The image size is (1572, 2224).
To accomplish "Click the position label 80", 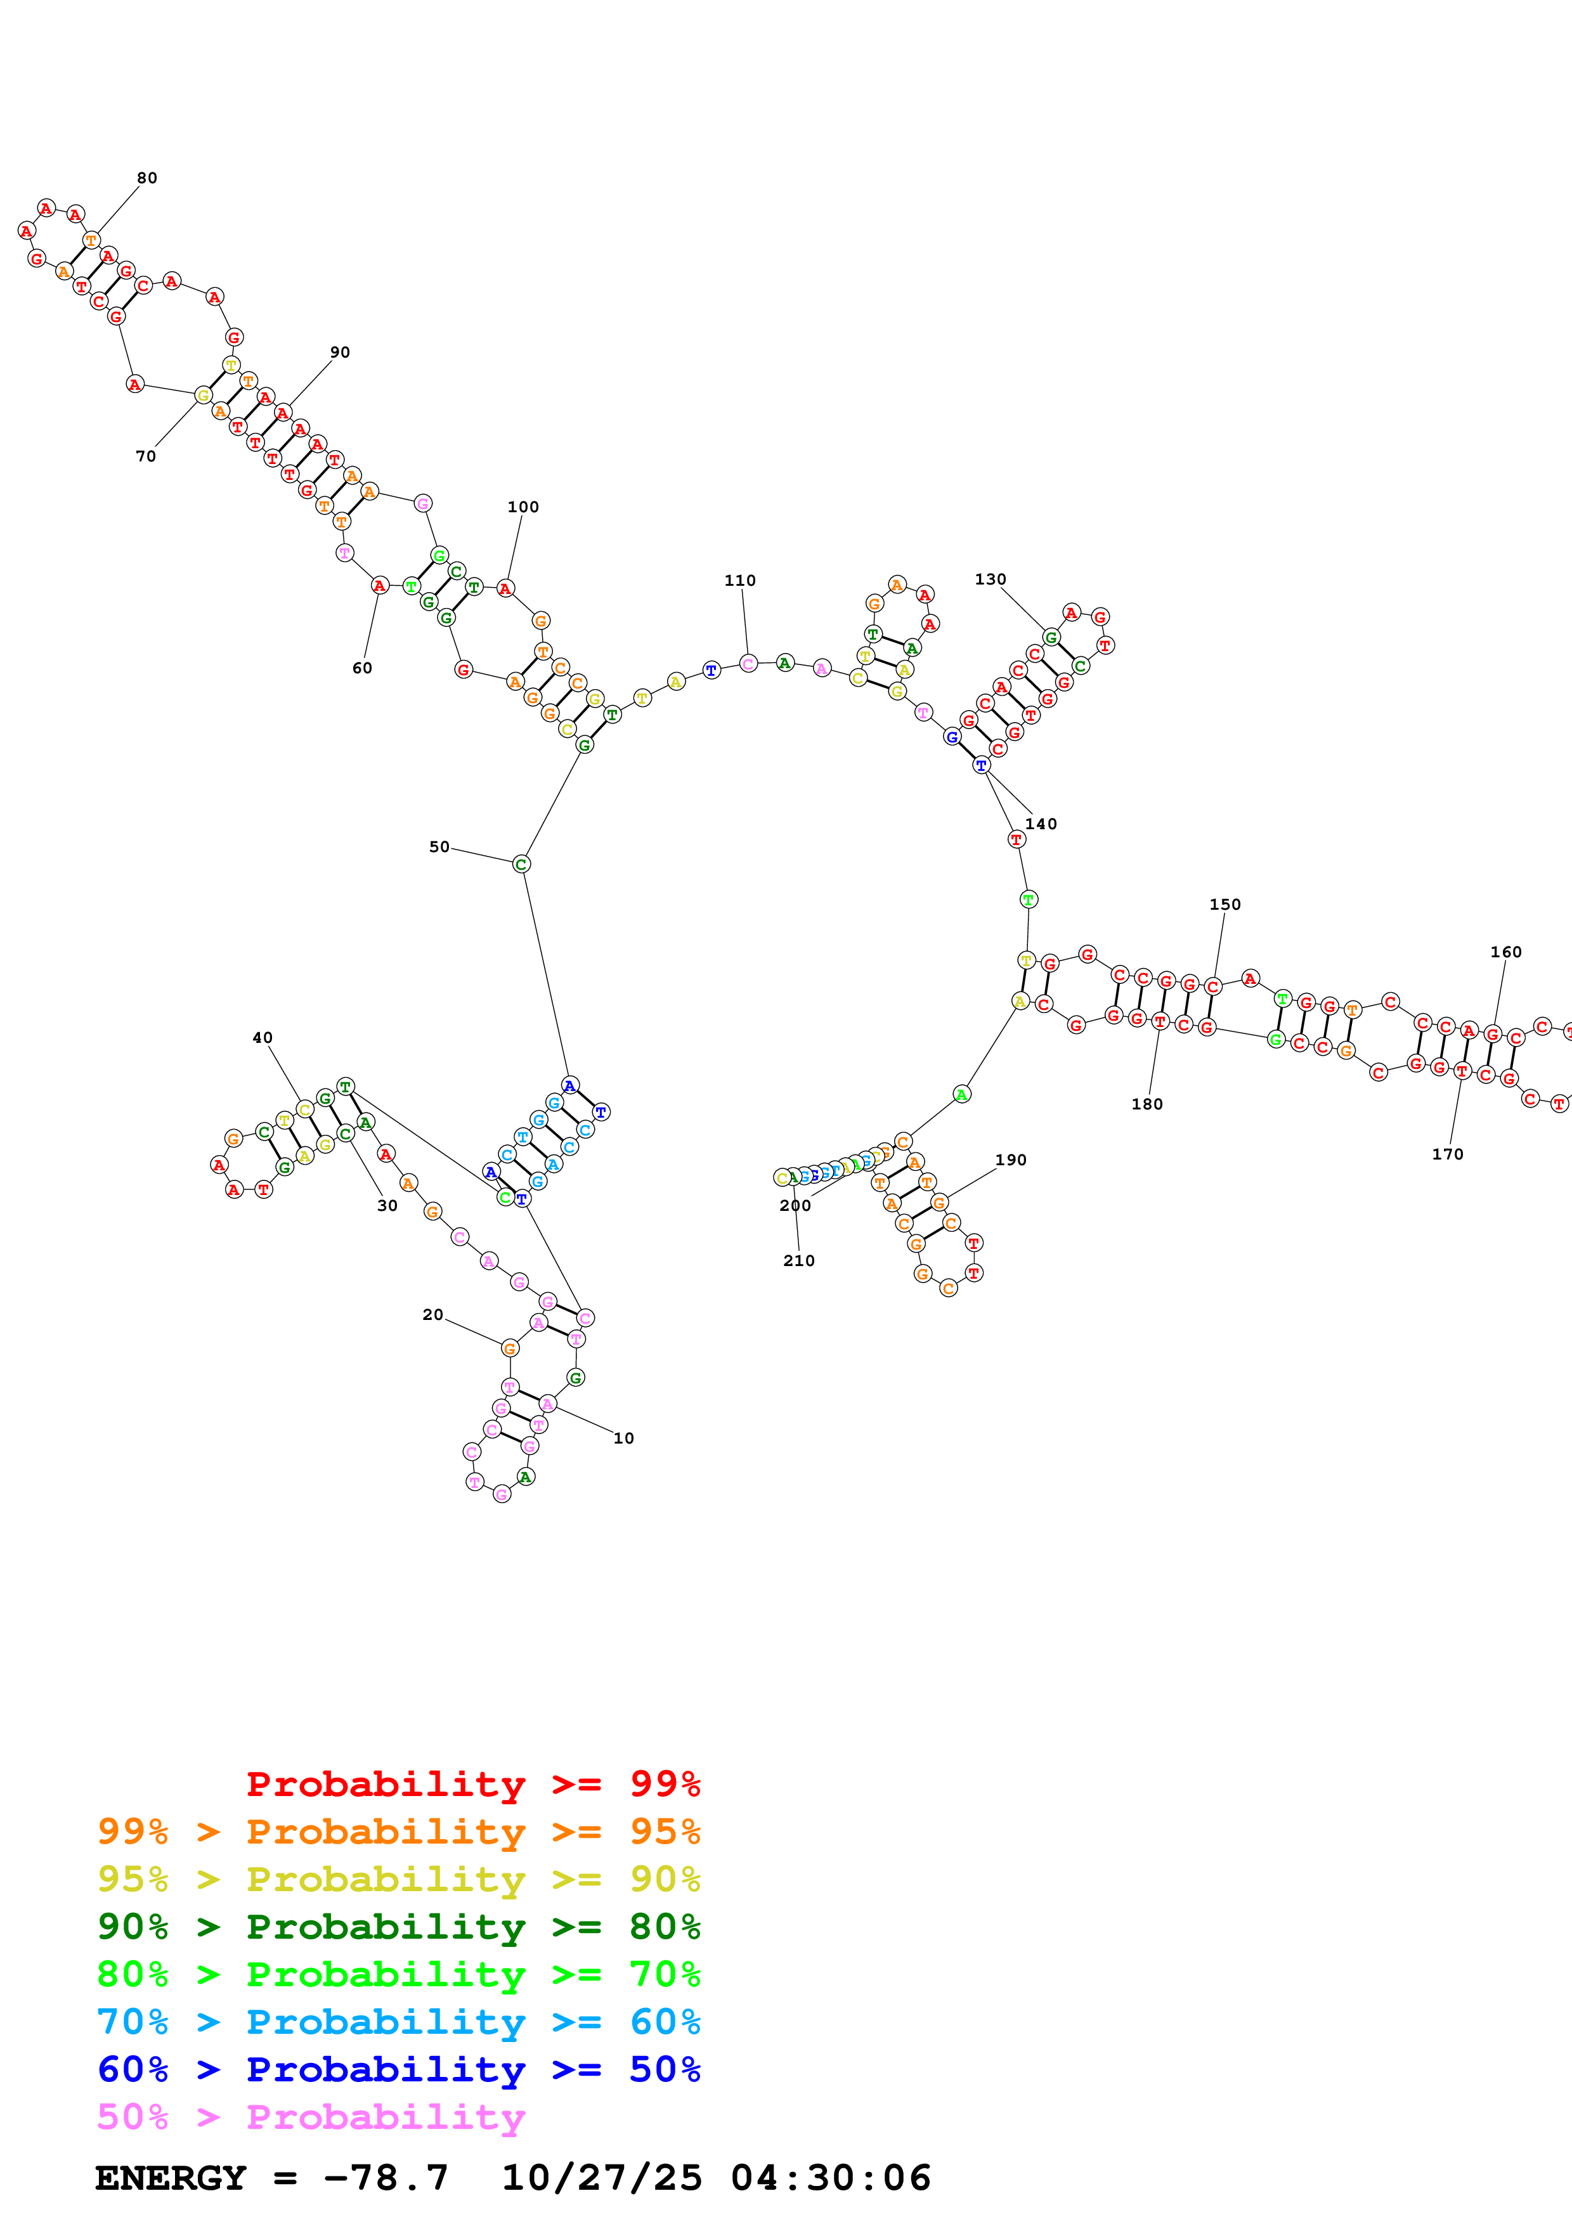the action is pyautogui.click(x=146, y=178).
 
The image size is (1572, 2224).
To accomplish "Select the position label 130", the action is pyautogui.click(x=990, y=579).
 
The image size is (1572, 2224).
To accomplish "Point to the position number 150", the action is pyautogui.click(x=1224, y=904).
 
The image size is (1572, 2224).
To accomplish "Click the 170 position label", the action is pyautogui.click(x=1447, y=1154).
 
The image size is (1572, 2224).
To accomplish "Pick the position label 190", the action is pyautogui.click(x=1010, y=1160).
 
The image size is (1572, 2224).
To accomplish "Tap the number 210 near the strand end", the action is pyautogui.click(x=799, y=1260).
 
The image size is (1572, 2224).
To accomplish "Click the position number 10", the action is pyautogui.click(x=624, y=1438).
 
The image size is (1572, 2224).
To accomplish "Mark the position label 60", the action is pyautogui.click(x=362, y=668).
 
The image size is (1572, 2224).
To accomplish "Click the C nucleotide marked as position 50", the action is pyautogui.click(x=521, y=864).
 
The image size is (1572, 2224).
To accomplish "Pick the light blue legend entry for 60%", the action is pyautogui.click(x=398, y=2022).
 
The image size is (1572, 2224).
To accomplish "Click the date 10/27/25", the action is pyautogui.click(x=602, y=2178).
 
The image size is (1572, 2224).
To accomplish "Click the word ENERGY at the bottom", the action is pyautogui.click(x=171, y=2178).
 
